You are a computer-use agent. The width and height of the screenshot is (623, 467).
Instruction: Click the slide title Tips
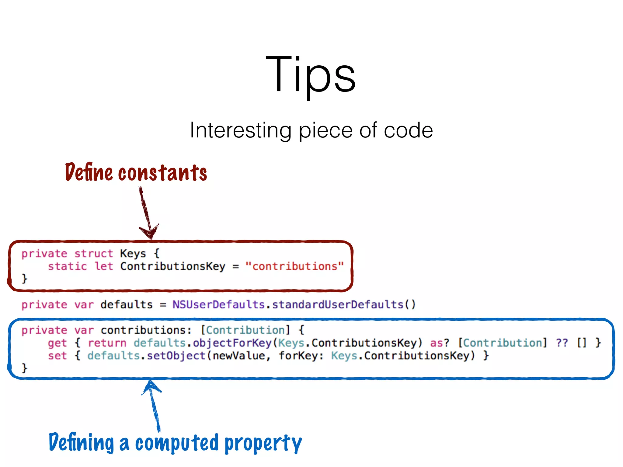[311, 74]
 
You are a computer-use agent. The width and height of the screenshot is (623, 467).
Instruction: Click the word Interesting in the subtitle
[240, 130]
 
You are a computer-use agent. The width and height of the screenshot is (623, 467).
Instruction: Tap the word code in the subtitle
[408, 130]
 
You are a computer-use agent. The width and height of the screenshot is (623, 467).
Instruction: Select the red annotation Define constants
[136, 172]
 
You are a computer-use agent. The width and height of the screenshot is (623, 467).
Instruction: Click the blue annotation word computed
[177, 443]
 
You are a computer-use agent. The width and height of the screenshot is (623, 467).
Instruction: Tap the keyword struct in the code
[94, 254]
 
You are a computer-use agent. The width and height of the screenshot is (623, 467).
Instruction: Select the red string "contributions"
[294, 266]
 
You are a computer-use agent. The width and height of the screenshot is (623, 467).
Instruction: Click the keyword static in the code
[68, 266]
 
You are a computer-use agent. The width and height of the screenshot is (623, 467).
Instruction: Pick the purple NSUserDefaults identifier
[218, 305]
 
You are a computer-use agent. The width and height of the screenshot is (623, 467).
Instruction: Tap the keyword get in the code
[57, 343]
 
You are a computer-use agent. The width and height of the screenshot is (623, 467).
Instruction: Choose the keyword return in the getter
[107, 343]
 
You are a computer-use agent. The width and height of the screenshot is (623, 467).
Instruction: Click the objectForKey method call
[232, 343]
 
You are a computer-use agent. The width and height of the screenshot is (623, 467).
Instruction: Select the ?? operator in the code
[562, 343]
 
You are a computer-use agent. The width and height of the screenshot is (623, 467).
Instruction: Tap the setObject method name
[176, 356]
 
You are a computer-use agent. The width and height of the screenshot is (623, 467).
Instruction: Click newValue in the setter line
[238, 356]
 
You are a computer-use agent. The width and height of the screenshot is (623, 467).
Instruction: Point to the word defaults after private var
[127, 305]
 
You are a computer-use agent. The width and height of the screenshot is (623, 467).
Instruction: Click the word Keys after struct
[133, 254]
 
